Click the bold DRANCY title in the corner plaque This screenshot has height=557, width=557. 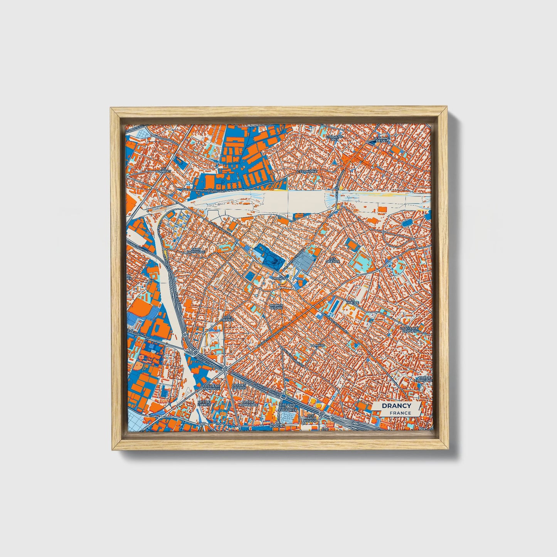(x=396, y=406)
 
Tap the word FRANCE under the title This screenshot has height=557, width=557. (x=400, y=413)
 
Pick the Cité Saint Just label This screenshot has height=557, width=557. (x=334, y=138)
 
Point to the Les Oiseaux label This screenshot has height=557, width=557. (x=332, y=261)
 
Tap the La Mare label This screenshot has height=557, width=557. (x=318, y=345)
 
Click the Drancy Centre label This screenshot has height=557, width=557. (x=276, y=306)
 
